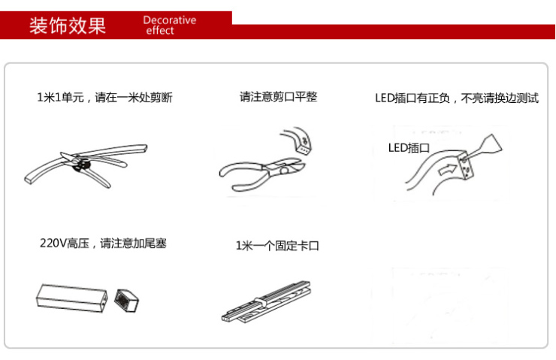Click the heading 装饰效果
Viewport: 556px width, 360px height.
(x=67, y=26)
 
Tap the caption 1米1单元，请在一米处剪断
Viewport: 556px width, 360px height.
(x=104, y=98)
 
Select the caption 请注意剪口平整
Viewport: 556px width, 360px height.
(x=278, y=97)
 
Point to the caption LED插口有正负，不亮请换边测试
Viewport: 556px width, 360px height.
(x=456, y=98)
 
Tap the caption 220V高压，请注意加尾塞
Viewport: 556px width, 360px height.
(x=103, y=244)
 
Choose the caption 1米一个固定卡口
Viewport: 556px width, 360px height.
(x=277, y=246)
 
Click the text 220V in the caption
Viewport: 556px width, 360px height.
(x=53, y=244)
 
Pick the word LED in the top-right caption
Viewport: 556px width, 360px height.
(x=383, y=98)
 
